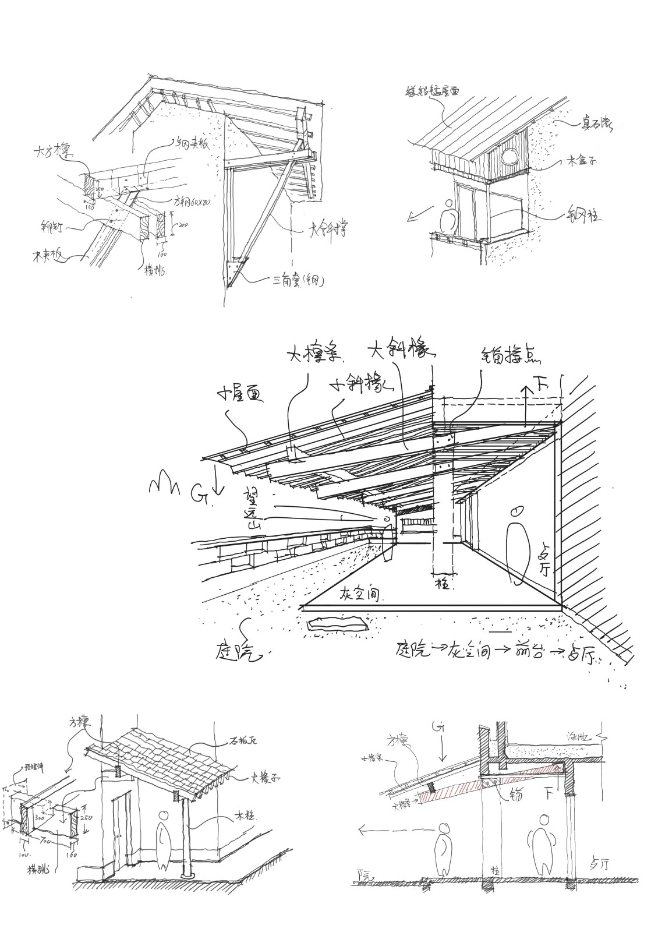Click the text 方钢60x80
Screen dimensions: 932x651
(x=192, y=200)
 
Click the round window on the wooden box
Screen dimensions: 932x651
(x=511, y=156)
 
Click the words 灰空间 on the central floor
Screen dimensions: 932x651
(x=361, y=594)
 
